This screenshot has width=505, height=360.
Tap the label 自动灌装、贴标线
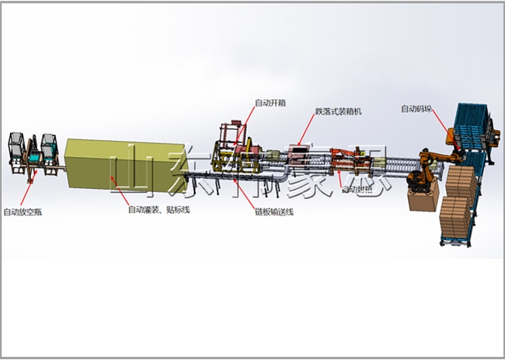158,208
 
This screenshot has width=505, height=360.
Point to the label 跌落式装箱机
338,112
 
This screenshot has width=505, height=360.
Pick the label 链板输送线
274,212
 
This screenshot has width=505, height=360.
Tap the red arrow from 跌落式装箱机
308,132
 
